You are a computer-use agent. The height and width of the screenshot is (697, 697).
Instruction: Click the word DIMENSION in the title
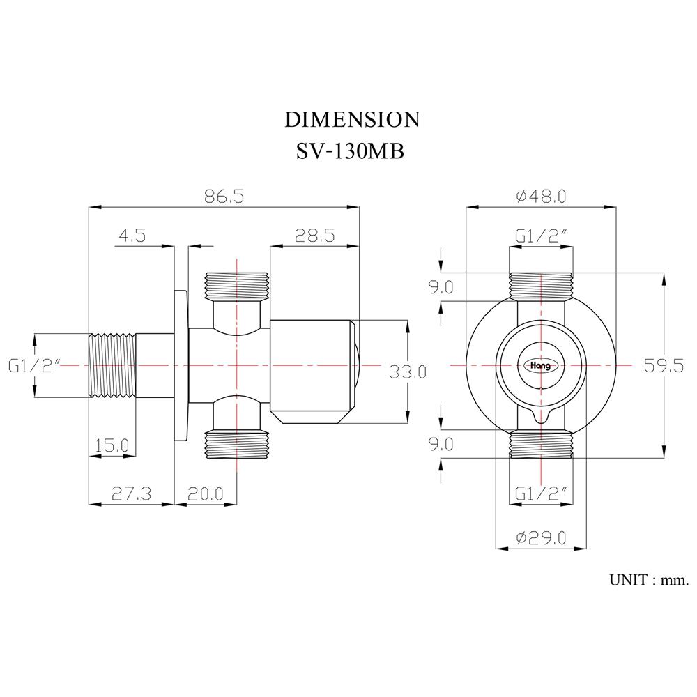[x=352, y=119]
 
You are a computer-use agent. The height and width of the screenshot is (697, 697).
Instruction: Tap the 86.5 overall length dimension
[x=224, y=196]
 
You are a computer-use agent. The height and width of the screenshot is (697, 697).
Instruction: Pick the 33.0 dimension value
[x=408, y=372]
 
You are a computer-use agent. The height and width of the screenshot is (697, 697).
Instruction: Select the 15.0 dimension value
[x=112, y=444]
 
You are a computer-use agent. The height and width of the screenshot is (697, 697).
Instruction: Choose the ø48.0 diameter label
[x=541, y=196]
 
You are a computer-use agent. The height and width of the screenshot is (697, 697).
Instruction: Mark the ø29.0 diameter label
[x=541, y=537]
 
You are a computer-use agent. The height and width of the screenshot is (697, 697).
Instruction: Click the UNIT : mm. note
[x=648, y=579]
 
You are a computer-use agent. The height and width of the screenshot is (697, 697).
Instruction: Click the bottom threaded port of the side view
[x=238, y=445]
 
